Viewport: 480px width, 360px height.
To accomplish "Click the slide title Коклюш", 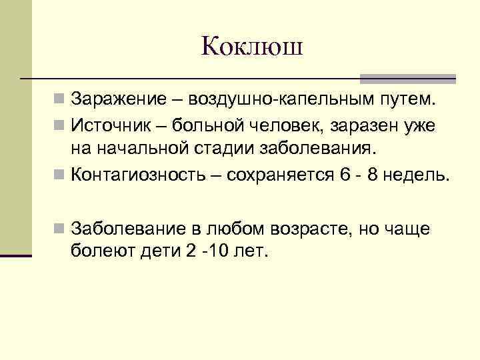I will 252,47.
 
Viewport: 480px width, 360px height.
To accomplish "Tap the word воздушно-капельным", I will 281,100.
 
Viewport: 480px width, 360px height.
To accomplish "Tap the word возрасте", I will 304,229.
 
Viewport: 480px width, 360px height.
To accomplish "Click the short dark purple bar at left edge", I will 16,254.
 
